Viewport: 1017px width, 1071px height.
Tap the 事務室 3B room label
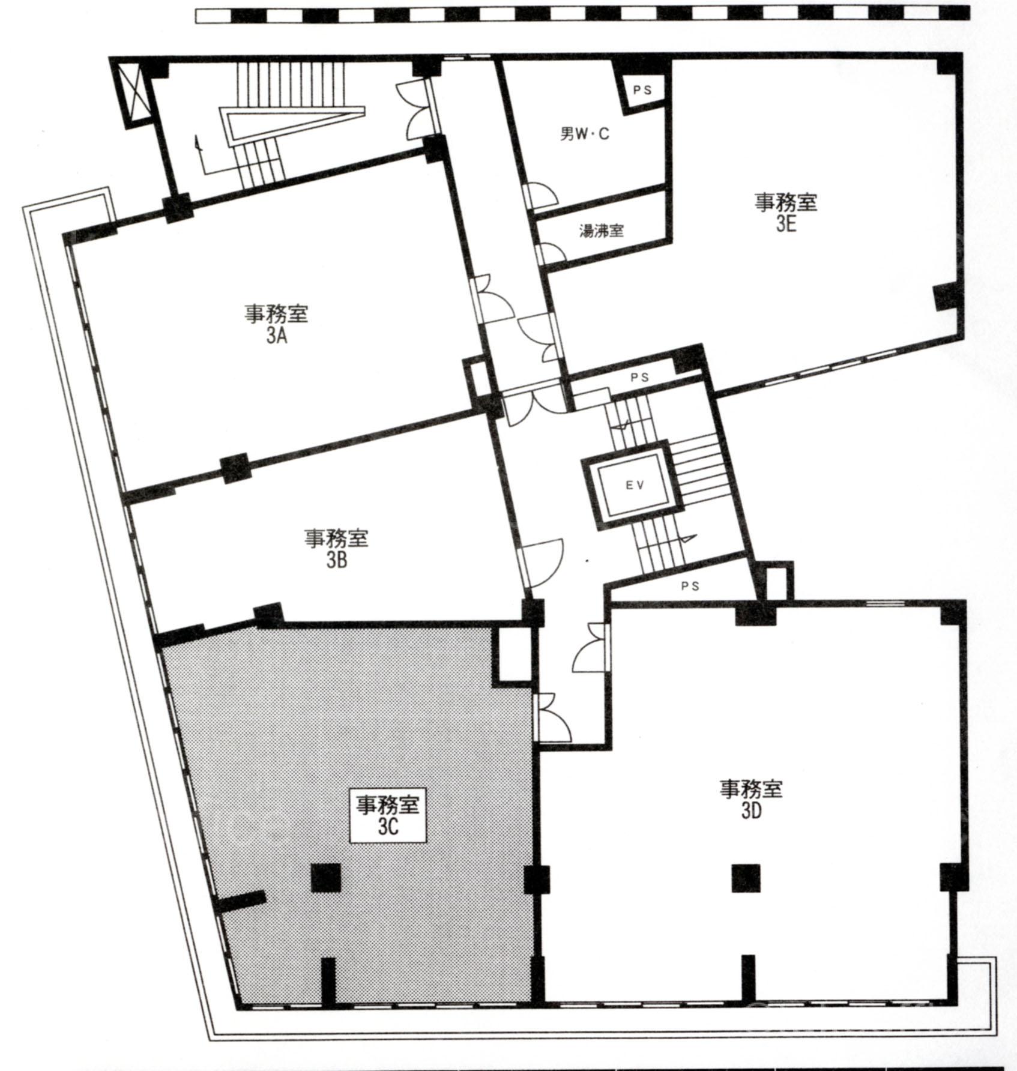pyautogui.click(x=336, y=548)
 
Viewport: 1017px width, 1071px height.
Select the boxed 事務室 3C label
pyautogui.click(x=388, y=815)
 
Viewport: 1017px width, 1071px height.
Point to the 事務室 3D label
pyautogui.click(x=751, y=798)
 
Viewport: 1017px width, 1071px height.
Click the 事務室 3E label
pyautogui.click(x=785, y=212)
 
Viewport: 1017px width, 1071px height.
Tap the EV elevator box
pyautogui.click(x=635, y=484)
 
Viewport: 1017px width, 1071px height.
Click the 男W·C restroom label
pyautogui.click(x=584, y=133)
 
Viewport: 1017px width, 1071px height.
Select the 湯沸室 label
pyautogui.click(x=601, y=231)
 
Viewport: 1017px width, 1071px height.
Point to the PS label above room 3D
pyautogui.click(x=691, y=586)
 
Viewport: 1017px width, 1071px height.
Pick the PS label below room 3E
pyautogui.click(x=640, y=378)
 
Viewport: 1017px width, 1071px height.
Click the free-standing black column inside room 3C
pyautogui.click(x=326, y=877)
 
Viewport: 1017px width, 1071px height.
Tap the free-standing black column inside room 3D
pyautogui.click(x=746, y=878)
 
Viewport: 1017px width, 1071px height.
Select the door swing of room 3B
pyautogui.click(x=543, y=562)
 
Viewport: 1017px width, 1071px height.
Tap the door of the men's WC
pyautogui.click(x=541, y=196)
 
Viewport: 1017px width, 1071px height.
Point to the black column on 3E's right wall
pyautogui.click(x=946, y=298)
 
